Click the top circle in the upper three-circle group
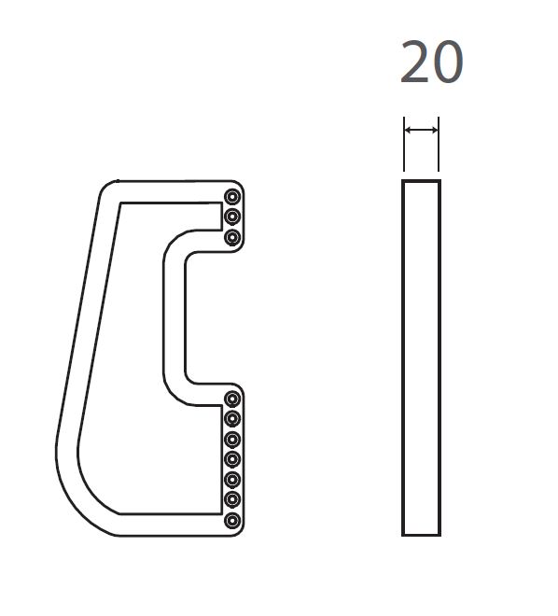tap(232, 196)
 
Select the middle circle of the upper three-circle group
tap(232, 217)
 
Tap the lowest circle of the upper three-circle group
tap(232, 237)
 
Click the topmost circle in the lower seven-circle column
tap(232, 399)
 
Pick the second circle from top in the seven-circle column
tap(232, 419)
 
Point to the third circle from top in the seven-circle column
tap(232, 440)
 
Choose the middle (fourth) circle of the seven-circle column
tap(232, 459)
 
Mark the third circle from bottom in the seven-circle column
tap(232, 480)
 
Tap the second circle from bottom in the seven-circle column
tap(232, 499)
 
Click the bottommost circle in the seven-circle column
tap(232, 521)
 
